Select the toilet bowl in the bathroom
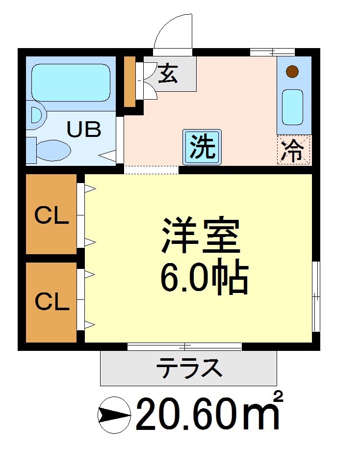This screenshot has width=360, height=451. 53,149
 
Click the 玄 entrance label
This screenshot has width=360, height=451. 168,74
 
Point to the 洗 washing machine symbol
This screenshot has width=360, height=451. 202,147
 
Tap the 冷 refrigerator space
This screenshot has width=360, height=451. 294,150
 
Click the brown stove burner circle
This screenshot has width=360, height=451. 292,72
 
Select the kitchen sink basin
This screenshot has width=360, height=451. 293,107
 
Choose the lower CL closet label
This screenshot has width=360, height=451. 51,301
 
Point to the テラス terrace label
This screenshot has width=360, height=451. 188,368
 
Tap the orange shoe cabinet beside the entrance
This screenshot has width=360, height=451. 129,82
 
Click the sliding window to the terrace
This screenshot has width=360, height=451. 184,347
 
